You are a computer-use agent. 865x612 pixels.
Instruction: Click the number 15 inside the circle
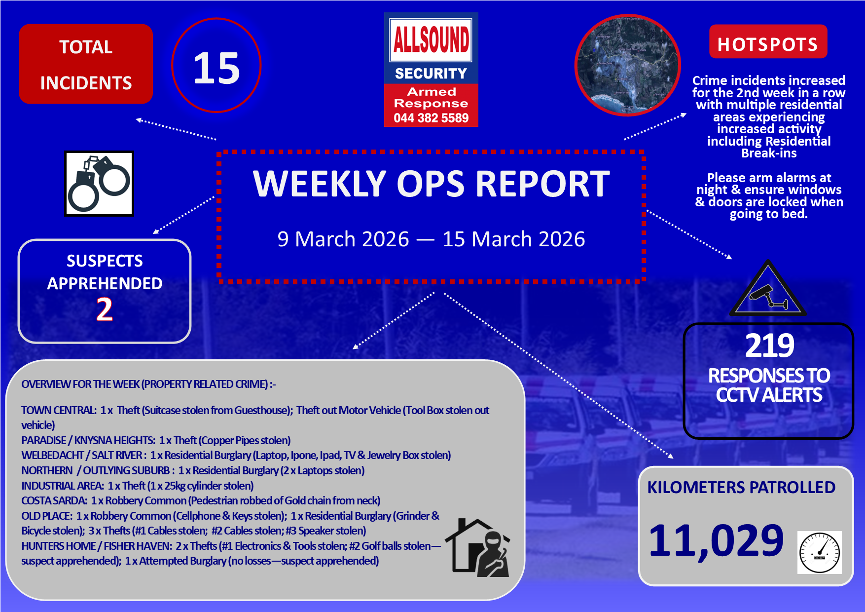click(216, 68)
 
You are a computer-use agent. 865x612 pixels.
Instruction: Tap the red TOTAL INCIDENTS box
click(86, 64)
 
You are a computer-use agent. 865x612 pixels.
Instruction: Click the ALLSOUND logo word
click(431, 39)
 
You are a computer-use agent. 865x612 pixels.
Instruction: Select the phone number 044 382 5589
click(431, 118)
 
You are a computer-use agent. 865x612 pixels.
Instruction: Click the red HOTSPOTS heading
click(768, 44)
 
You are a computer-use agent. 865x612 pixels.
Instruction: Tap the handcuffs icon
click(99, 184)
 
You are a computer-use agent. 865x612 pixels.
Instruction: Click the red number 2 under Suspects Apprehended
click(105, 309)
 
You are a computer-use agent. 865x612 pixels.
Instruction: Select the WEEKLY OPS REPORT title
click(432, 184)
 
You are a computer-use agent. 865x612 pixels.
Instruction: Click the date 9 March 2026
click(343, 239)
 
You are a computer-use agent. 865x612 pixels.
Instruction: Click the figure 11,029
click(716, 541)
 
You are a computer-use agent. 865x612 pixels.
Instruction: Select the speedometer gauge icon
click(819, 552)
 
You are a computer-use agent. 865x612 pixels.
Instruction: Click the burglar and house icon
click(477, 547)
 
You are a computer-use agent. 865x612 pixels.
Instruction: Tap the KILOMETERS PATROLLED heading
click(741, 488)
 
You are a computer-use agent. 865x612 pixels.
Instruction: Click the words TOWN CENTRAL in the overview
click(59, 410)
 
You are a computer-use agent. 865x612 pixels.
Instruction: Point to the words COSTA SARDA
click(54, 500)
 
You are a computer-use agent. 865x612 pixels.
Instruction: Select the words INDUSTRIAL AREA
click(63, 486)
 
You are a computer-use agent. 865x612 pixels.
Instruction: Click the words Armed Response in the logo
click(431, 97)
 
